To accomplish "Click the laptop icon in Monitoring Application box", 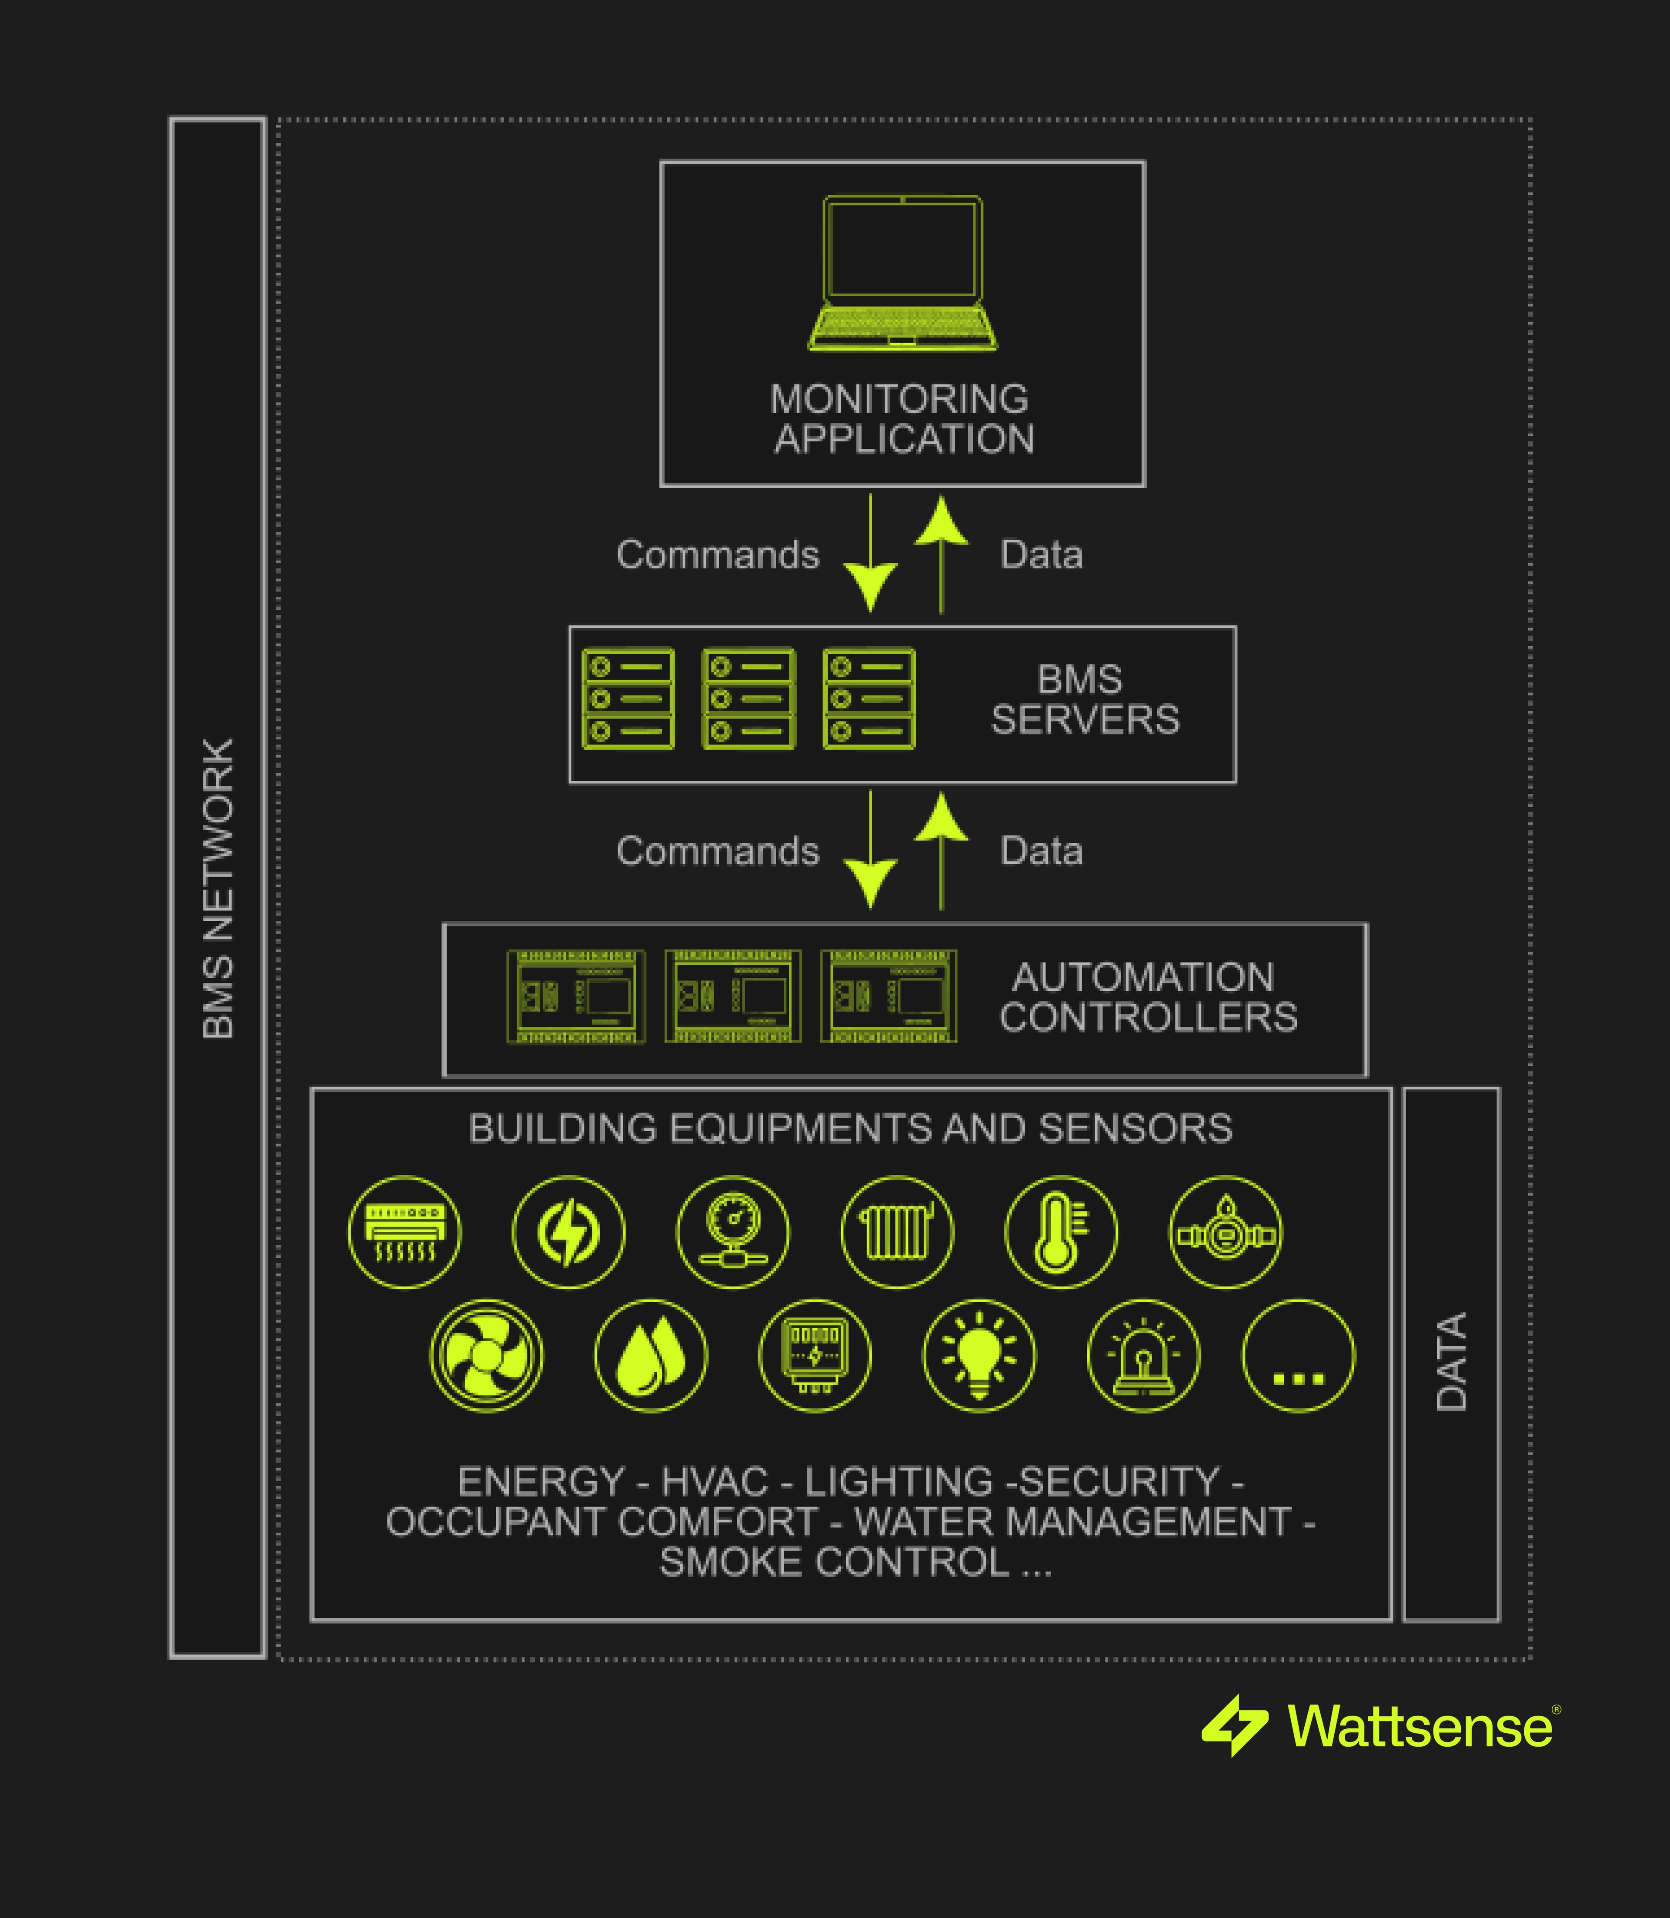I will (902, 273).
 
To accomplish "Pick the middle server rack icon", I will (748, 699).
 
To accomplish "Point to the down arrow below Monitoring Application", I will (870, 555).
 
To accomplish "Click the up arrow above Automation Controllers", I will (941, 850).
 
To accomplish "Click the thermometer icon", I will (1061, 1232).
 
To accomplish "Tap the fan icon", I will (485, 1355).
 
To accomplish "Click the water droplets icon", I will (651, 1355).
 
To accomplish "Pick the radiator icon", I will (896, 1232).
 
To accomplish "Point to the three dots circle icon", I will (1298, 1355).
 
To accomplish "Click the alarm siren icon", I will (1143, 1355).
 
